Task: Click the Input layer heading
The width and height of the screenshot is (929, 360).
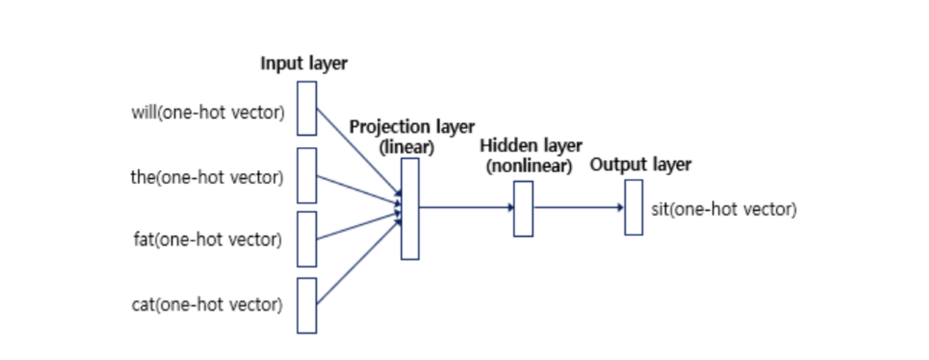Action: (x=304, y=64)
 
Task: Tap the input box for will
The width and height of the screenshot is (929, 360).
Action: (x=307, y=108)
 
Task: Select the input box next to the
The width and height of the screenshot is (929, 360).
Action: (x=307, y=176)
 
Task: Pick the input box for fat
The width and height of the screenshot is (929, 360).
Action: (x=307, y=239)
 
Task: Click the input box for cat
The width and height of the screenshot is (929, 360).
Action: (x=307, y=305)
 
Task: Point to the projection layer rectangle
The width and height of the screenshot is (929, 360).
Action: (x=410, y=209)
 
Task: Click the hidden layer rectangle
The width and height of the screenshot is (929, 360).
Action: (x=523, y=209)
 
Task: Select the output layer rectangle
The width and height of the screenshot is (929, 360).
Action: (x=633, y=207)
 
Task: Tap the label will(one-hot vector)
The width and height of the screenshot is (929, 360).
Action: (x=207, y=113)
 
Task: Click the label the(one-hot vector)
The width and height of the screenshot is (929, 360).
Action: (x=206, y=177)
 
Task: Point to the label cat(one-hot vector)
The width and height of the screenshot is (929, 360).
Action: (x=206, y=305)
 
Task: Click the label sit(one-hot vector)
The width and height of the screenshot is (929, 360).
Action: (x=723, y=209)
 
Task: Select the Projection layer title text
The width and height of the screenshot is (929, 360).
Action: (x=411, y=127)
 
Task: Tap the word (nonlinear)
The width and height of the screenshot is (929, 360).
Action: (x=529, y=167)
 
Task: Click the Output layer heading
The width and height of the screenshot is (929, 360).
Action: (x=640, y=165)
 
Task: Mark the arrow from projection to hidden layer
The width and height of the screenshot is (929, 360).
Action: (x=466, y=207)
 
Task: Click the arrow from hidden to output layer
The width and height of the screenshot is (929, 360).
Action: (x=578, y=207)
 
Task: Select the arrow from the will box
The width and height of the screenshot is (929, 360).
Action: (x=358, y=150)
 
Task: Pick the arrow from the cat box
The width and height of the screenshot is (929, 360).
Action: (x=358, y=262)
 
